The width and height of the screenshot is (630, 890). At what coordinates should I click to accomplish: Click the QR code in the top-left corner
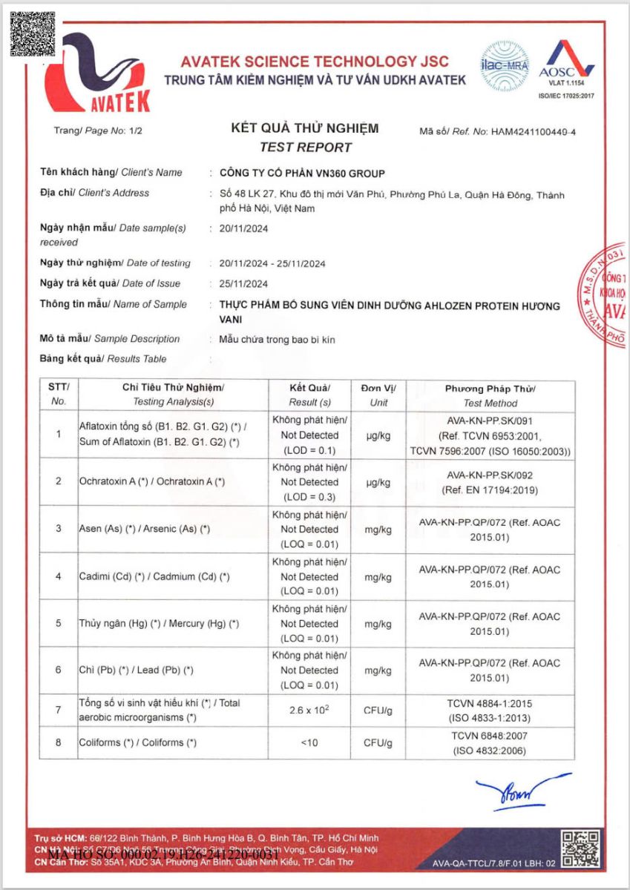click(33, 34)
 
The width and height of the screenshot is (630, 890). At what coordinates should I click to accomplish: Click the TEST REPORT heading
click(305, 147)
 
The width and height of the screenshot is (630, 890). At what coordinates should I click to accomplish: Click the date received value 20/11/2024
click(244, 228)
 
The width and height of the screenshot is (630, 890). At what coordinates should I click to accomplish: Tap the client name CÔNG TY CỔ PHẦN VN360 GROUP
click(303, 174)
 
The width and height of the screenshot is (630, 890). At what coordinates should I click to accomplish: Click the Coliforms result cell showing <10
click(309, 742)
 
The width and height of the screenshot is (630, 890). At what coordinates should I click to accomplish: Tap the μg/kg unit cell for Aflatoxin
click(378, 435)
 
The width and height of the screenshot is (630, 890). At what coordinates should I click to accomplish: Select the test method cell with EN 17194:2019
click(490, 482)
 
